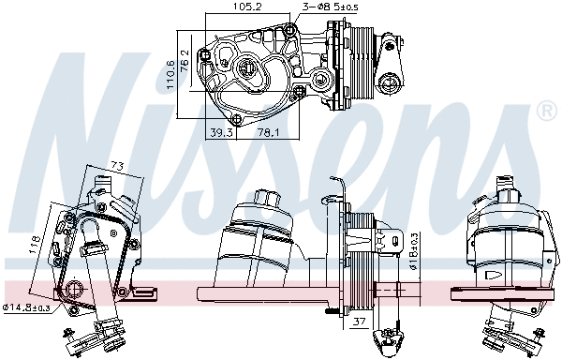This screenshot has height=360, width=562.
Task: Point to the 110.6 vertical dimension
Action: tap(170, 69)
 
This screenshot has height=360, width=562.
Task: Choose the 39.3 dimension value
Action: tap(222, 132)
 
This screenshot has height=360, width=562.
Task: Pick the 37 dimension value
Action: tap(358, 323)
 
